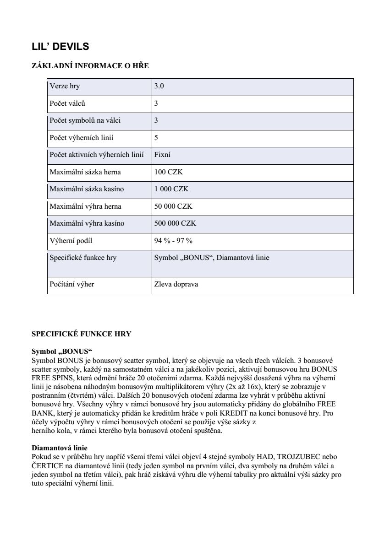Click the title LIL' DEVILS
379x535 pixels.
tap(60, 47)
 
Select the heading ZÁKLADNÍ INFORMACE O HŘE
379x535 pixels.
tap(90, 66)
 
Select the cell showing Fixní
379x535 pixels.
tap(163, 155)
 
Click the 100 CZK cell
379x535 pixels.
tap(169, 172)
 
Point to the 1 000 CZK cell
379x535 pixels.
tap(171, 189)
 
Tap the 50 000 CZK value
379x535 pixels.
tap(173, 206)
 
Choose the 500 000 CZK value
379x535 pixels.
tap(175, 223)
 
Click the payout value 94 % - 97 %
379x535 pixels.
tap(173, 241)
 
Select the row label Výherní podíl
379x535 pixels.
tap(68, 241)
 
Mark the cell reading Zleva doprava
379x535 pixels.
tap(176, 284)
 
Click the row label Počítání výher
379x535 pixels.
tap(72, 284)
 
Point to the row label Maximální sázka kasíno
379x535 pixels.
tap(87, 189)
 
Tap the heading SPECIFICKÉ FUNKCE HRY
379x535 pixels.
tap(81, 334)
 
